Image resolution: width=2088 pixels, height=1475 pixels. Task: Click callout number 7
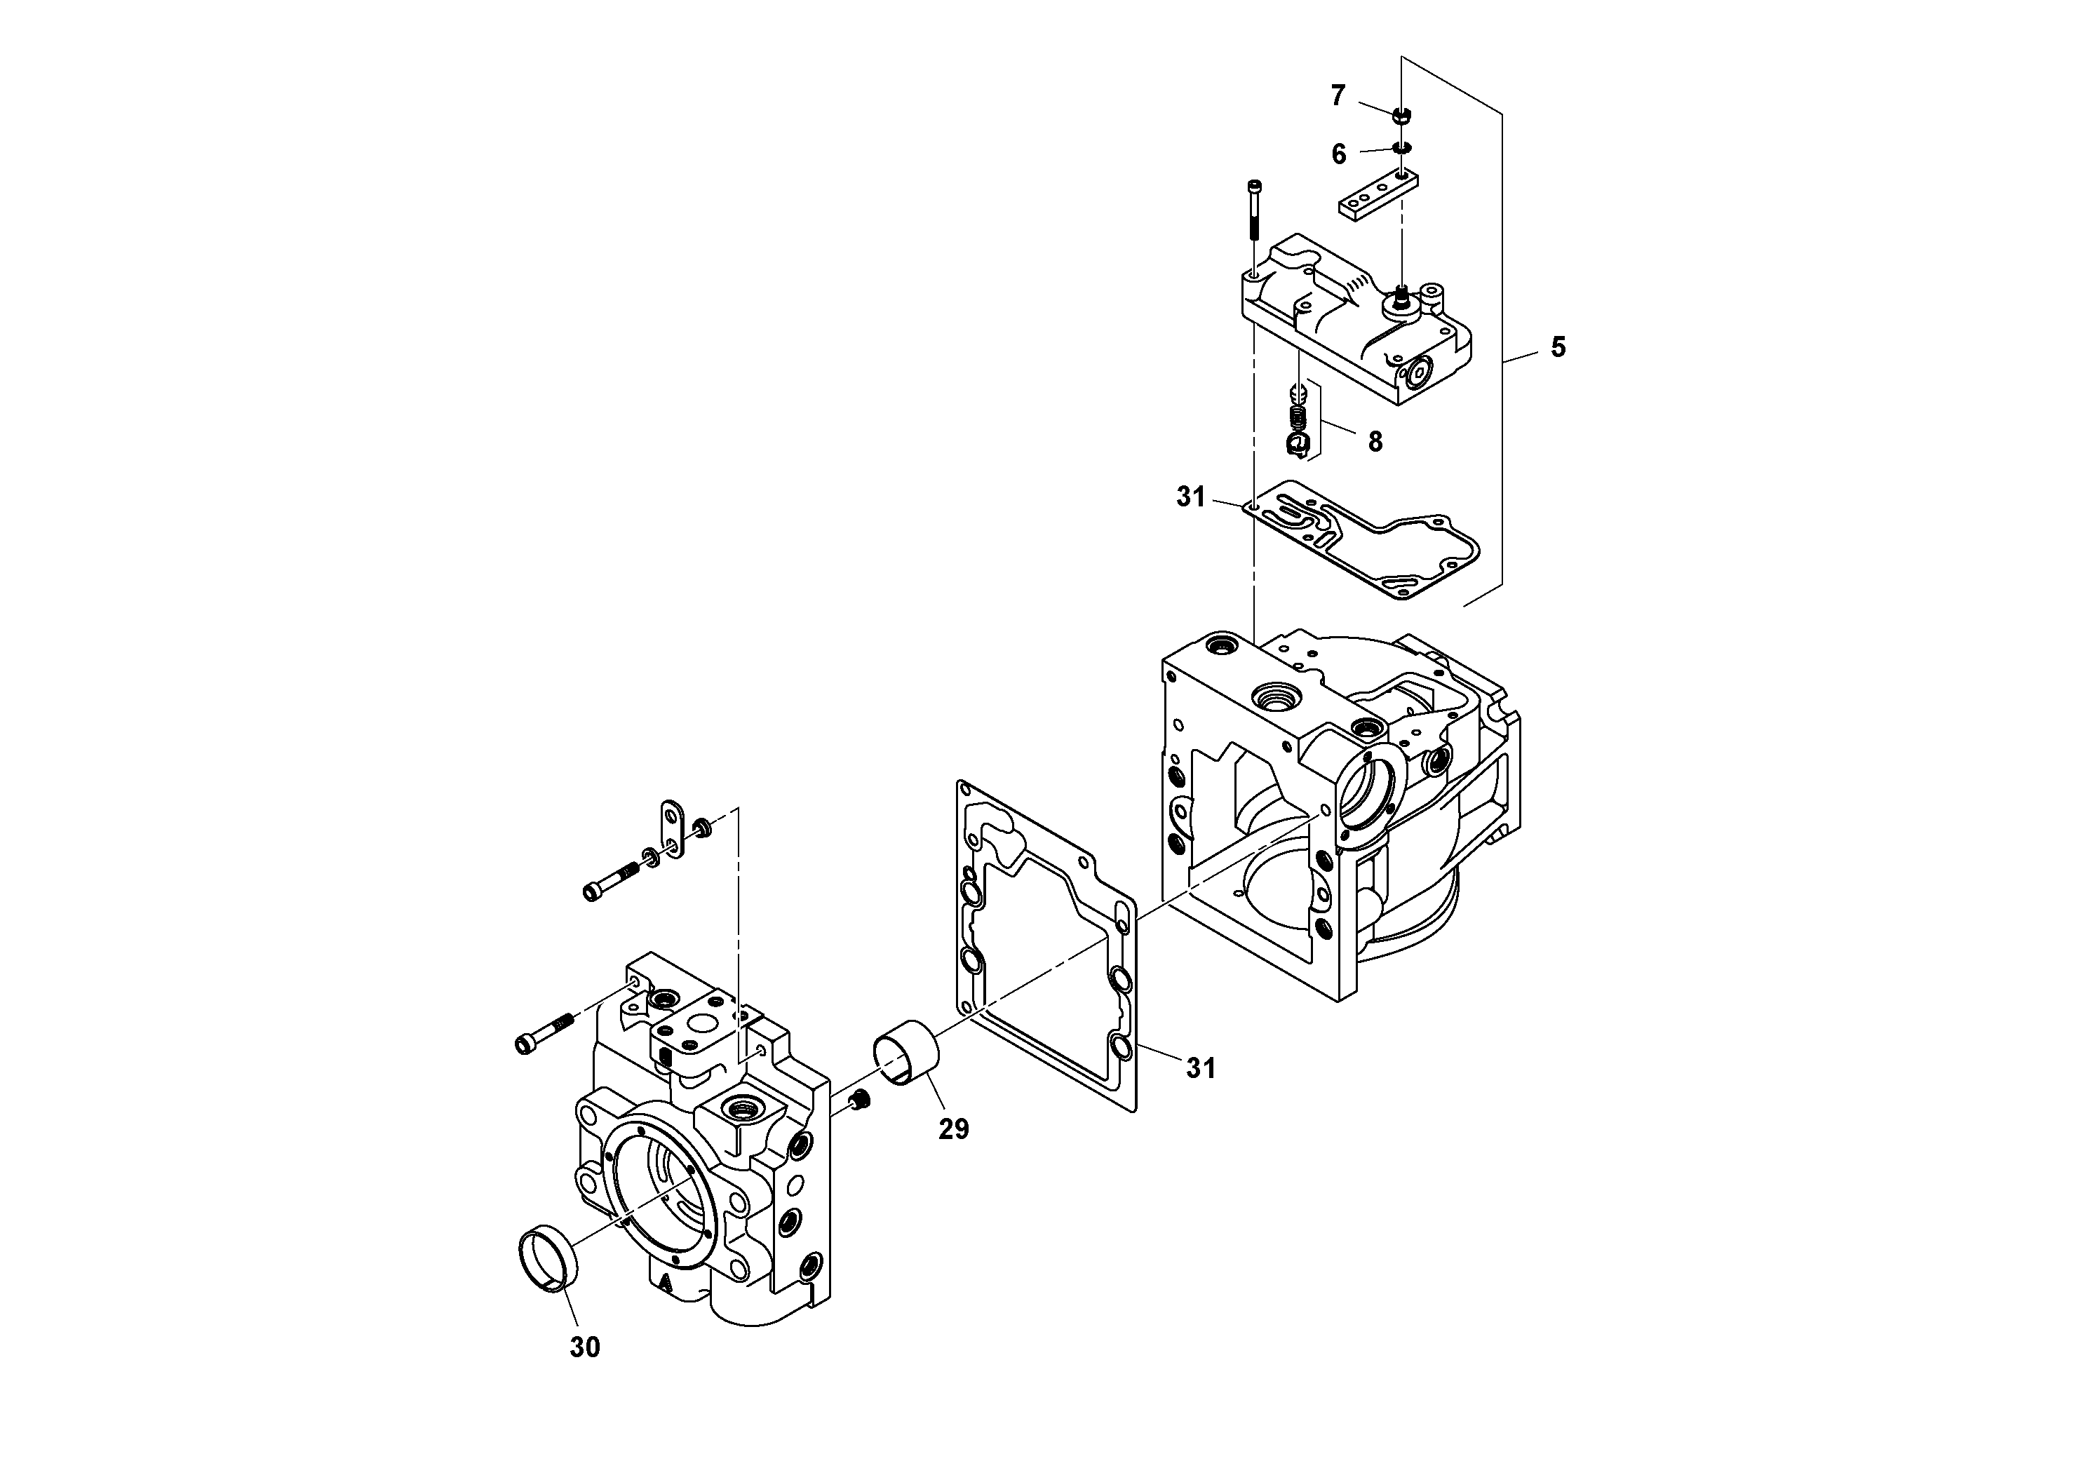pyautogui.click(x=1338, y=95)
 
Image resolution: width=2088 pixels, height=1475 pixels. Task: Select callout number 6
pyautogui.click(x=1339, y=154)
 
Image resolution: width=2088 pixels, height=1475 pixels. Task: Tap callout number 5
pyautogui.click(x=1558, y=347)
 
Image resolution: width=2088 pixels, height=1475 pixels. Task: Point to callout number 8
pyautogui.click(x=1374, y=442)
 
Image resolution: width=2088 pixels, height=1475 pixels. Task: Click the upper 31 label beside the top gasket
pyautogui.click(x=1190, y=497)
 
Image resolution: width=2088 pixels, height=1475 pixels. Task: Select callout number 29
pyautogui.click(x=954, y=1129)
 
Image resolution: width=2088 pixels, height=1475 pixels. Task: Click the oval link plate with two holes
pyautogui.click(x=672, y=829)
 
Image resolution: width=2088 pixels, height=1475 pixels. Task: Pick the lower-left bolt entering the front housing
pyautogui.click(x=543, y=1035)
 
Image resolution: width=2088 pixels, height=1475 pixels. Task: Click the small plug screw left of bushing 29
pyautogui.click(x=861, y=1102)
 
